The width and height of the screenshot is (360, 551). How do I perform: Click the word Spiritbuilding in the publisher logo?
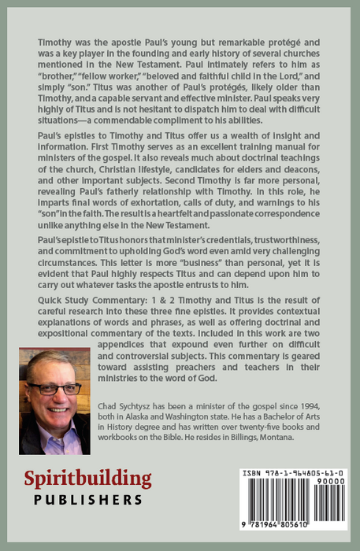[x=87, y=479]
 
